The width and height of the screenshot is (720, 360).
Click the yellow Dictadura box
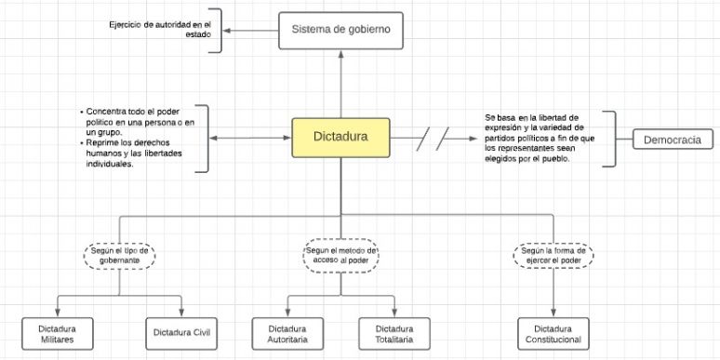(341, 137)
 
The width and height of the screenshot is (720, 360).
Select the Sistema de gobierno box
(341, 31)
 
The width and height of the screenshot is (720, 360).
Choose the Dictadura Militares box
(57, 333)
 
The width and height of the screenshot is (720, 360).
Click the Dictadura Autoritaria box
(287, 333)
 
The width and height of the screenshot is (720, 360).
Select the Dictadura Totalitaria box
(394, 333)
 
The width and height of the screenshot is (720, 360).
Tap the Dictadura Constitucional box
(553, 333)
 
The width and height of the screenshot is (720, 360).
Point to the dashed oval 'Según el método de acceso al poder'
(341, 255)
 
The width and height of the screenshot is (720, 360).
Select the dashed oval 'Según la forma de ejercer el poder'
(553, 255)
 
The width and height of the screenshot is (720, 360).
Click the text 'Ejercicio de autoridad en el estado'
(161, 27)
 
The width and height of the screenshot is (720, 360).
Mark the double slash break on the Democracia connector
(433, 140)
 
